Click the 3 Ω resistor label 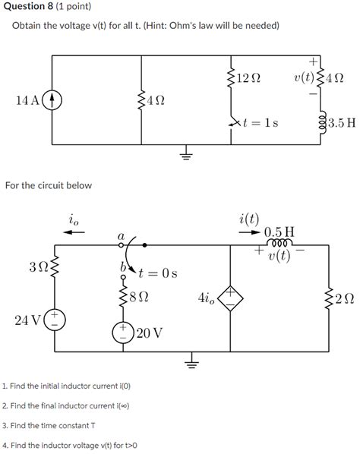pos(36,268)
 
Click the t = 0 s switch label pos(157,273)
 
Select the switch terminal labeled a pos(120,245)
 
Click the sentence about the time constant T pos(51,426)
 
